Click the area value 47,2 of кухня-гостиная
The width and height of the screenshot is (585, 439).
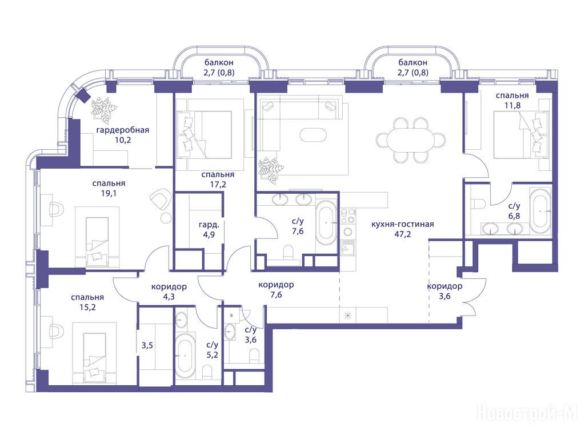coord(402,234)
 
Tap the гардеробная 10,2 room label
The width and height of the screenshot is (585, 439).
coord(123,135)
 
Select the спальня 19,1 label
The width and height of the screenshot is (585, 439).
coord(109,189)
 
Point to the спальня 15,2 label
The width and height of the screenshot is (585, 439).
coord(87,302)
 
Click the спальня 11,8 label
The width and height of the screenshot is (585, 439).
coord(512,101)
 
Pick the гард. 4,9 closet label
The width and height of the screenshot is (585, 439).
coord(209,230)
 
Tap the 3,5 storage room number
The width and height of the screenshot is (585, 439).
coord(147,346)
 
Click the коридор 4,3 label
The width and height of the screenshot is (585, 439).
coord(169,292)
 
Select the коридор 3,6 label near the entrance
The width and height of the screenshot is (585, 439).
coord(444,291)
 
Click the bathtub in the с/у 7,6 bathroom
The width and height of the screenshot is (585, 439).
coord(326,223)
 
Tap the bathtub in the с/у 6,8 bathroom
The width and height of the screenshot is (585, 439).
coord(540,211)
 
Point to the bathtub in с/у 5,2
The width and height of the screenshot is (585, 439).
coord(185,356)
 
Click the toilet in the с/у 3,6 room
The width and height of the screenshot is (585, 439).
coord(254,356)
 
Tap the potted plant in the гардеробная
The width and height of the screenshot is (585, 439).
coord(104,109)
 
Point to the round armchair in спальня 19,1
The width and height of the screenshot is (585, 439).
coord(160,199)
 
